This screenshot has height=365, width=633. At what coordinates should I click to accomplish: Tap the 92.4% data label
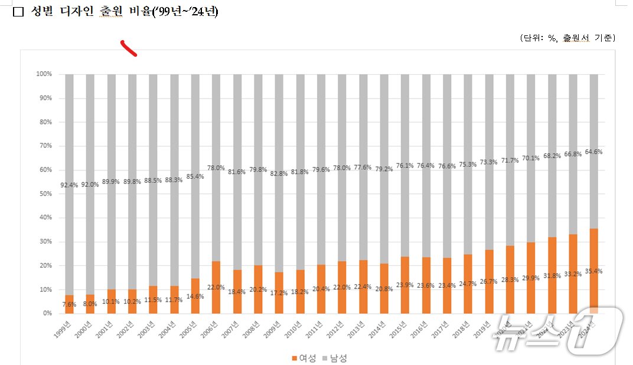tap(69, 185)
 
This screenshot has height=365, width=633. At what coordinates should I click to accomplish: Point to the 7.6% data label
tap(69, 304)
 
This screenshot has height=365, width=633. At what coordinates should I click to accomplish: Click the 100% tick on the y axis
tap(44, 74)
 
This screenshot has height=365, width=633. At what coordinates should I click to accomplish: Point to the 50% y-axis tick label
tap(45, 194)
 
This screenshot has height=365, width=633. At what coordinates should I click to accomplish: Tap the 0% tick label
tap(47, 313)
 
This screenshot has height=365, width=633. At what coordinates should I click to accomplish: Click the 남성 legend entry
tap(335, 358)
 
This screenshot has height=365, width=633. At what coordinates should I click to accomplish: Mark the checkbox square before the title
tap(18, 12)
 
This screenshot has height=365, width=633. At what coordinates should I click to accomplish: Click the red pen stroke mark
tap(129, 48)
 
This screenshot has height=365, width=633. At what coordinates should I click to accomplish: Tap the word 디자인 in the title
tap(77, 12)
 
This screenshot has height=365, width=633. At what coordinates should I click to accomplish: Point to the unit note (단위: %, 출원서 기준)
tap(567, 38)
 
